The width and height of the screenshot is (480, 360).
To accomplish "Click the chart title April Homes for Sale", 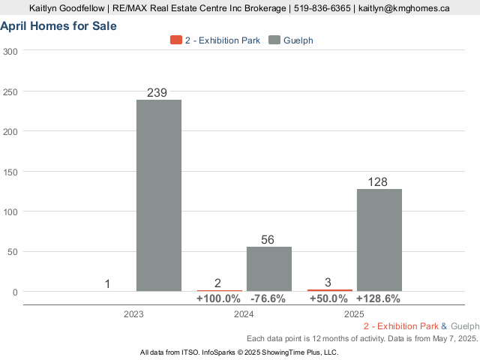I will coord(58,26).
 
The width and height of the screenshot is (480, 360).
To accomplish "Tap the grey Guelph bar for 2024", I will coord(269,268).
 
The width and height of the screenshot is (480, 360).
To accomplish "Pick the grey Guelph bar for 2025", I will coord(379,240).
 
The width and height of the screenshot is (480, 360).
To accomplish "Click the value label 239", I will coord(158,92).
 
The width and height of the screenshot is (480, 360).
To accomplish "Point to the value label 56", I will coord(268,240).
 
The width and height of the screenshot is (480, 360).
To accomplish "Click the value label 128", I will coord(379,182).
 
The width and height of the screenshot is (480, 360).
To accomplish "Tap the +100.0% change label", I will coord(218,298).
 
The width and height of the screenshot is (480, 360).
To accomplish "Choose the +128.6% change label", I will coord(378,298).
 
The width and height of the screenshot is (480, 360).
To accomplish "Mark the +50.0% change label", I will coord(328,298).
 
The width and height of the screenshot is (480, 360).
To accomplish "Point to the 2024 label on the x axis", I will coord(244,314).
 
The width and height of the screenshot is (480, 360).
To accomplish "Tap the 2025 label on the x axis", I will coord(354,314).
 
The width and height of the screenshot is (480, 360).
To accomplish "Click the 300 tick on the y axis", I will coord(10,51).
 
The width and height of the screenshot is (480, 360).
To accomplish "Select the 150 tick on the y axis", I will coord(10,171).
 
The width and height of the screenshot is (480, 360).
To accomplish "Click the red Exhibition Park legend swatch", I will coord(176,40).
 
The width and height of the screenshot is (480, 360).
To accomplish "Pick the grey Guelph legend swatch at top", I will coord(274,40).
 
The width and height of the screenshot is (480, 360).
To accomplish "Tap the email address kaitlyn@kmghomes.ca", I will coord(404,8).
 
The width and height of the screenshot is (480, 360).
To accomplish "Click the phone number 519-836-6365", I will coord(322,8).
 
